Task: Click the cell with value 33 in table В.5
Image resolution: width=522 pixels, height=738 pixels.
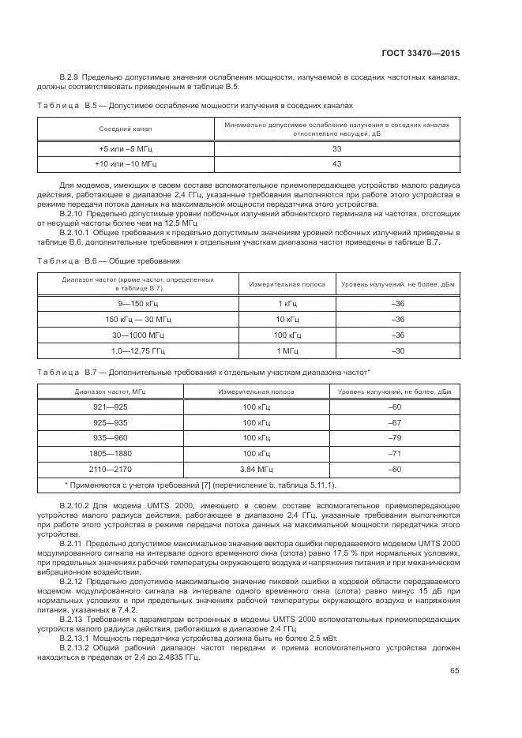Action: (x=337, y=148)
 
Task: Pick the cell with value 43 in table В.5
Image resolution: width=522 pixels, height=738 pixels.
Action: (x=337, y=163)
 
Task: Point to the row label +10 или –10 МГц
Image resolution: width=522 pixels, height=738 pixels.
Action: (x=125, y=163)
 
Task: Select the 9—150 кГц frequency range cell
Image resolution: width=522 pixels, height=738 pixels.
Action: (x=138, y=304)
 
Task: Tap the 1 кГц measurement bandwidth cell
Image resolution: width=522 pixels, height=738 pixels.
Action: (x=287, y=304)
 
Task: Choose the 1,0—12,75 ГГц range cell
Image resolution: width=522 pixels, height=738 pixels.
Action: (x=138, y=350)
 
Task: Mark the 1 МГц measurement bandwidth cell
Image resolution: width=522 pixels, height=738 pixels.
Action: (x=287, y=350)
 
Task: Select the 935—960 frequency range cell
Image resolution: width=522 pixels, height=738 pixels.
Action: (x=111, y=437)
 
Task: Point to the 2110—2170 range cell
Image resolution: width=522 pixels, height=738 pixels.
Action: (x=111, y=469)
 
